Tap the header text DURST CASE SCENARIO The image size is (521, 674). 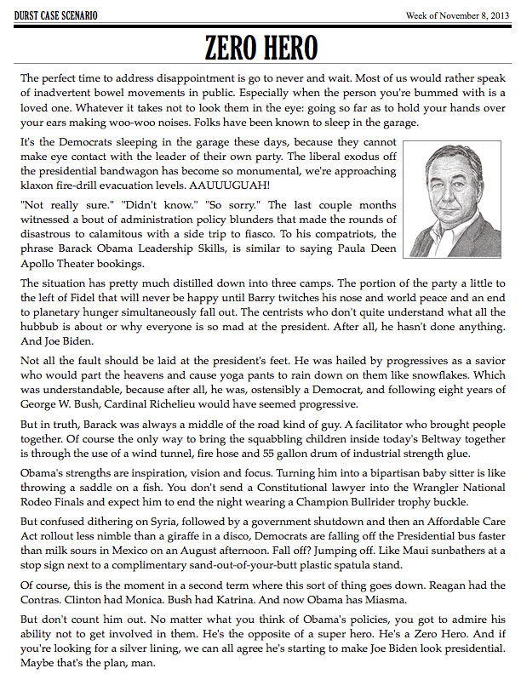point(56,15)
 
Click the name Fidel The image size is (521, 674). point(80,299)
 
